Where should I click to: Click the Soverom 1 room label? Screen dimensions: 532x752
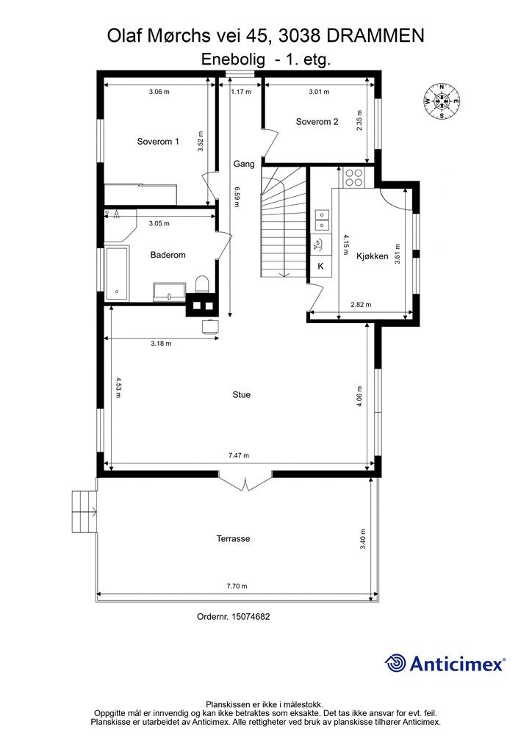tap(158, 142)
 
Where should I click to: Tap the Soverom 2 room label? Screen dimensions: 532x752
tap(317, 122)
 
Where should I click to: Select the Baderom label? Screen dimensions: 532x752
tap(168, 255)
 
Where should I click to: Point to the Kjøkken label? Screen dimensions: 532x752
tap(373, 256)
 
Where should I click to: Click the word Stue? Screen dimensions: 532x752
tap(241, 394)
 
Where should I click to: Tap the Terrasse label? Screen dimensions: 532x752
tap(233, 538)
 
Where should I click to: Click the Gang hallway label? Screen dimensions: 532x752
tap(244, 164)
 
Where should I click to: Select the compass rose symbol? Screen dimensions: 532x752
tap(442, 101)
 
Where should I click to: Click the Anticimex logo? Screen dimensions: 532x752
tap(445, 664)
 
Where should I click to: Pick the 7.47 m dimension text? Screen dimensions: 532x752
tap(238, 455)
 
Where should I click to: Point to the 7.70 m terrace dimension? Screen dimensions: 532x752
tap(237, 585)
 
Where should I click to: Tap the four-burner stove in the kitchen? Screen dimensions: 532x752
tap(354, 178)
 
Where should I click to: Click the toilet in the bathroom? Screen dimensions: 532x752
tap(202, 284)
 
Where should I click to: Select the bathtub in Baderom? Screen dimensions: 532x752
tap(117, 274)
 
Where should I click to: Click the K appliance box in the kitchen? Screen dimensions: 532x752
tap(320, 267)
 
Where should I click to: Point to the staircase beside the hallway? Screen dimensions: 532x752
tap(283, 221)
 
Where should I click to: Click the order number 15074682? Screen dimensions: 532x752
tap(233, 616)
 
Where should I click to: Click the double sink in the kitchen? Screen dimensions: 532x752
tap(321, 220)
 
